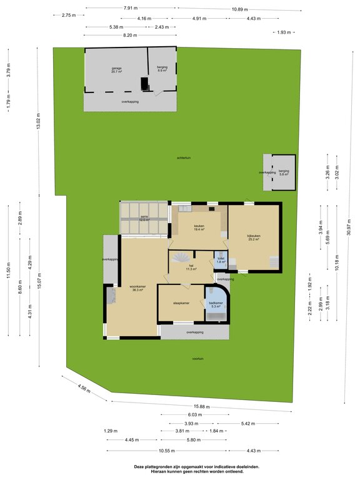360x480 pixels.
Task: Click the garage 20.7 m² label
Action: click(x=117, y=69)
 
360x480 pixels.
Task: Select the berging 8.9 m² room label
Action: click(x=161, y=69)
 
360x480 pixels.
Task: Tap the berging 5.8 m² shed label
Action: click(x=284, y=172)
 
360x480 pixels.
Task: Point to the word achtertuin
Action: click(x=183, y=159)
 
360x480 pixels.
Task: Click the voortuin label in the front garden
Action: click(x=198, y=359)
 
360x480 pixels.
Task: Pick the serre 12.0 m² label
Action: click(x=144, y=218)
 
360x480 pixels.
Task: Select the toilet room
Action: click(x=220, y=260)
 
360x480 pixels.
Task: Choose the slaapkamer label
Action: click(x=181, y=304)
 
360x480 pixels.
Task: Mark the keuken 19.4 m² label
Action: click(x=199, y=227)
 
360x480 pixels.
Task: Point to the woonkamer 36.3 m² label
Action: click(x=137, y=289)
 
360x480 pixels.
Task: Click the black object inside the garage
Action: click(x=145, y=84)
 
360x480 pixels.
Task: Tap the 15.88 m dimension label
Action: click(x=201, y=406)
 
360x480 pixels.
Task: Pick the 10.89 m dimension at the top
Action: click(x=239, y=9)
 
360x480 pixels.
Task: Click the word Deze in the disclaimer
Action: click(x=139, y=466)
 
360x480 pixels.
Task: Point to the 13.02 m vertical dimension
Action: click(x=38, y=121)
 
